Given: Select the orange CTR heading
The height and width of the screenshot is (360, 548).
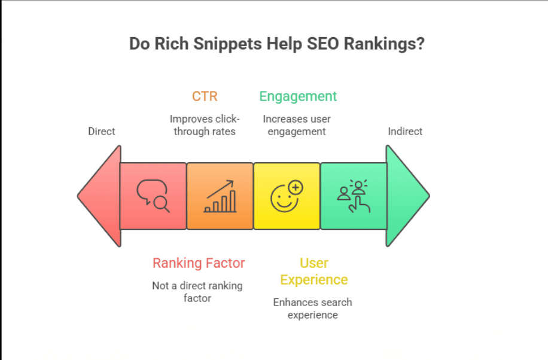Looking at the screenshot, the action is click(x=205, y=96).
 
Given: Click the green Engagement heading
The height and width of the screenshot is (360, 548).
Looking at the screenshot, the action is click(x=298, y=96).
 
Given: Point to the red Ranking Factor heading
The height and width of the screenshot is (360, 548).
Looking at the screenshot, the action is click(x=199, y=263).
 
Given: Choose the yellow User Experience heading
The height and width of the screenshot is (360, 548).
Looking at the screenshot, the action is click(x=313, y=271).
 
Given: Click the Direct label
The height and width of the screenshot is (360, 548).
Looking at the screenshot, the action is click(x=102, y=131).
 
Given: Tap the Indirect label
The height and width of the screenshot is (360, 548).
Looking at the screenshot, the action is click(x=405, y=131).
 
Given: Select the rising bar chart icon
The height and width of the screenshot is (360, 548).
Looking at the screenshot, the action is click(x=220, y=196).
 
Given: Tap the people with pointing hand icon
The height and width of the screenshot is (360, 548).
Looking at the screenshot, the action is click(x=354, y=196).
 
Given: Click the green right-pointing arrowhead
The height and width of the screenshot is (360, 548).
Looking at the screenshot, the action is click(x=407, y=196).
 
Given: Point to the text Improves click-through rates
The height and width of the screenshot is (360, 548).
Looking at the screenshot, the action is click(x=205, y=125).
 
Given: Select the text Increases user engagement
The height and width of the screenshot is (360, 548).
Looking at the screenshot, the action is click(x=297, y=125).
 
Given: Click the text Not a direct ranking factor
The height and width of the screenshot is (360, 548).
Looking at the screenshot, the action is click(x=197, y=291).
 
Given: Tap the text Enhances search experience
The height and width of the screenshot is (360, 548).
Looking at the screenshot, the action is click(x=313, y=308).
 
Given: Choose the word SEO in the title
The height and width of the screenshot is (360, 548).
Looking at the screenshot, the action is click(x=321, y=45).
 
